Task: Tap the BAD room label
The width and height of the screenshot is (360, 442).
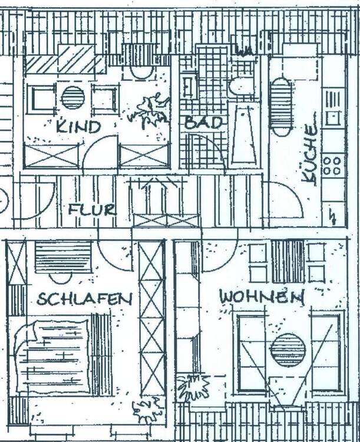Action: (204, 123)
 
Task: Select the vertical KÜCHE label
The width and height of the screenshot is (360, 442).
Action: (311, 151)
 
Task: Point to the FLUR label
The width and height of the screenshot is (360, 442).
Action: (91, 209)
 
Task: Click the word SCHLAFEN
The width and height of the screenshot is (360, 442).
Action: (84, 299)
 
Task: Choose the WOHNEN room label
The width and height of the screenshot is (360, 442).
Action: (262, 296)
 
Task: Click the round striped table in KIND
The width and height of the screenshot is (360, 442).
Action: (72, 98)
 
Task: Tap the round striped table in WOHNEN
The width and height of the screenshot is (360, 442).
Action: (288, 350)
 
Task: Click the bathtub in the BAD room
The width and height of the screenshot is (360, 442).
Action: (243, 134)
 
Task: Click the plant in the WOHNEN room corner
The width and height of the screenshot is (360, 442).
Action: (193, 388)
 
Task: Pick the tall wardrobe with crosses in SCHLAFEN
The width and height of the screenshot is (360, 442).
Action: (151, 318)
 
